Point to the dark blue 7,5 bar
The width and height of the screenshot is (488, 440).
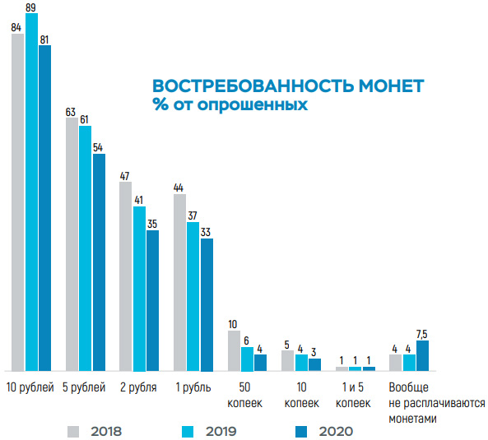pyautogui.click(x=422, y=355)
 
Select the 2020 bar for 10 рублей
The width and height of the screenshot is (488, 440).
pyautogui.click(x=44, y=207)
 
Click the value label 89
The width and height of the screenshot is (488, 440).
pyautogui.click(x=31, y=7)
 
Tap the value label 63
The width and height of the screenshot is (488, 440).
pyautogui.click(x=72, y=112)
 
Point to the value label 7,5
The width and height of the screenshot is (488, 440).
pyautogui.click(x=423, y=334)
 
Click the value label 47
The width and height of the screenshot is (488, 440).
pyautogui.click(x=125, y=175)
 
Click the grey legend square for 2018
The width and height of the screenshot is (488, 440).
pyautogui.click(x=74, y=430)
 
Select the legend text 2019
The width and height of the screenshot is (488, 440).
pyautogui.click(x=219, y=430)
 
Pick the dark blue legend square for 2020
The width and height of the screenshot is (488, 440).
pyautogui.click(x=302, y=430)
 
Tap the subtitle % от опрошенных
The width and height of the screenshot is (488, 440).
pyautogui.click(x=230, y=105)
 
